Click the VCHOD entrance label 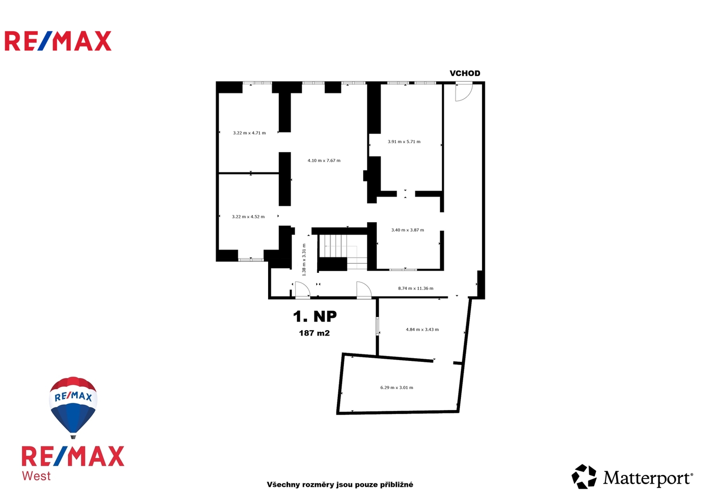click(x=465, y=73)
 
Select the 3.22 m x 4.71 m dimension click(x=249, y=133)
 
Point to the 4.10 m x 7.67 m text click(x=324, y=160)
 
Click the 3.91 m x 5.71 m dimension click(x=404, y=141)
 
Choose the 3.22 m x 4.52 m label click(x=248, y=217)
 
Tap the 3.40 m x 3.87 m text click(x=408, y=230)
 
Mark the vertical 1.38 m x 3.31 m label click(x=304, y=260)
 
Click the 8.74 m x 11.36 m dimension click(x=415, y=288)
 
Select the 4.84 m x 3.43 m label click(x=422, y=329)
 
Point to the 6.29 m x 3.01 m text click(x=397, y=387)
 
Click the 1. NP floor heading click(x=315, y=316)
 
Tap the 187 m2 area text click(x=314, y=333)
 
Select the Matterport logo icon click(x=584, y=477)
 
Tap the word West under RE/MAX click(x=36, y=476)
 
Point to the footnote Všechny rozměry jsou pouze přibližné click(x=340, y=485)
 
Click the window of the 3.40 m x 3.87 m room click(x=403, y=270)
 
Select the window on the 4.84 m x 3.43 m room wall click(x=377, y=326)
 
